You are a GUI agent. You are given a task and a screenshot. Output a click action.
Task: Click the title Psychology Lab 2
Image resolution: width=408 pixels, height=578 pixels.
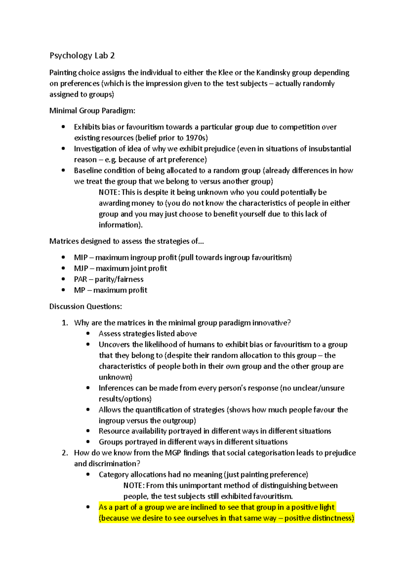[82, 55]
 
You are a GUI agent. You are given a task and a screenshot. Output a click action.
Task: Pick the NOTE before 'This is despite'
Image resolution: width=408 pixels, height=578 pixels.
[109, 192]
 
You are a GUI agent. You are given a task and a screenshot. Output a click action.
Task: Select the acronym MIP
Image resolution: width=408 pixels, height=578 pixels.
[81, 258]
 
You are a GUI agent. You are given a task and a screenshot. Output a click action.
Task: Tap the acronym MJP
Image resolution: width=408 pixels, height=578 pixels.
[81, 269]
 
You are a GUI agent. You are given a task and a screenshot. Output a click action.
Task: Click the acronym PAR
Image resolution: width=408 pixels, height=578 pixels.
[80, 279]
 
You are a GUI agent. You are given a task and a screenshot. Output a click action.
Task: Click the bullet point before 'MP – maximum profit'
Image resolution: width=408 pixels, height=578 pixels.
[63, 290]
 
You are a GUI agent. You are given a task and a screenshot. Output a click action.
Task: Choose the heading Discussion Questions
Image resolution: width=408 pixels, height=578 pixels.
[85, 306]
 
